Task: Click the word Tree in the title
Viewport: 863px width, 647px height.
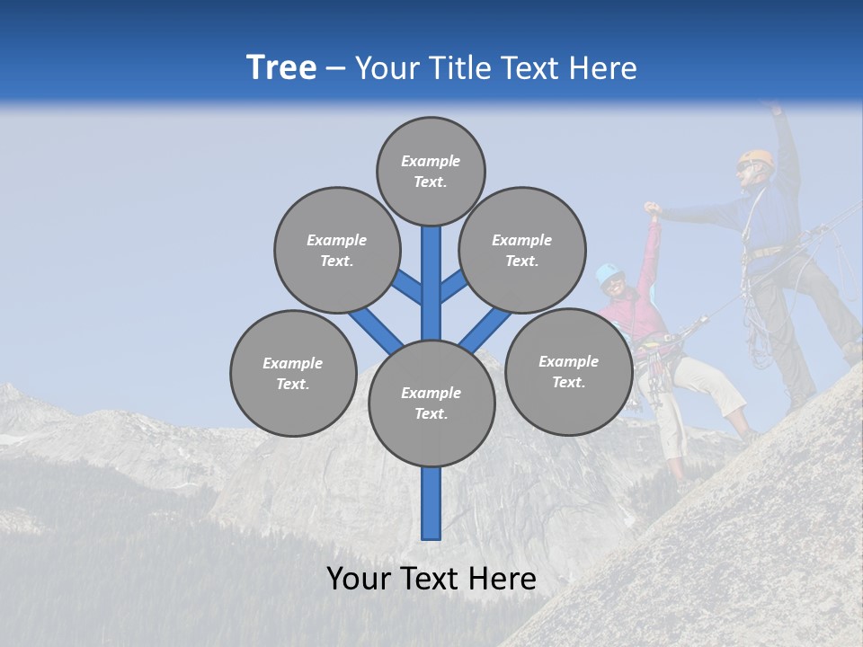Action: tap(281, 68)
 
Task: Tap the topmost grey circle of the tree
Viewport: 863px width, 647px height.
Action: tap(431, 171)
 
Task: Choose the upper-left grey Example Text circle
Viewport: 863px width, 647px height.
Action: tap(336, 250)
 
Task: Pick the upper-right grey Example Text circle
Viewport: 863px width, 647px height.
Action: tap(521, 250)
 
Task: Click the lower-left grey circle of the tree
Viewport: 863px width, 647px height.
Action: tap(293, 373)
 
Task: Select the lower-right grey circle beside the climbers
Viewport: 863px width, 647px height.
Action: tap(568, 371)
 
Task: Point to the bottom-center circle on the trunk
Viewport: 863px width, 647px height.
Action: tap(431, 403)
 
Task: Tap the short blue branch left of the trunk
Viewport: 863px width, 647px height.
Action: tap(406, 287)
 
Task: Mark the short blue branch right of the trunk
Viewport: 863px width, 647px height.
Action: tap(454, 286)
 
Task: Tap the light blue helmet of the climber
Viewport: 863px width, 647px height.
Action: tap(609, 272)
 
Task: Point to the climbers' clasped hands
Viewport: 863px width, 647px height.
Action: tap(653, 210)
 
